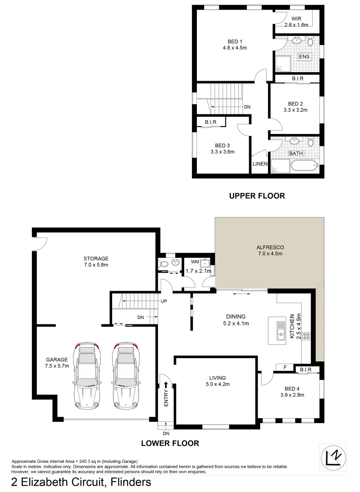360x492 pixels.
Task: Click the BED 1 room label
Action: (235, 41)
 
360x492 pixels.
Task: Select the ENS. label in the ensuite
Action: (304, 56)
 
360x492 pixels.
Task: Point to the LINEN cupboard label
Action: (260, 164)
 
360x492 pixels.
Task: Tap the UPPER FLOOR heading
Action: (257, 196)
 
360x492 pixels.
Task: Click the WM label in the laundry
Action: (195, 262)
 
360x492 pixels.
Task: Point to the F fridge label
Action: (284, 367)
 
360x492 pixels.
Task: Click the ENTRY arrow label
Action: (165, 395)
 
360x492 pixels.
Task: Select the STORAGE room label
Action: (96, 258)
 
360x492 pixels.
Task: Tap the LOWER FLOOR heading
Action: (170, 443)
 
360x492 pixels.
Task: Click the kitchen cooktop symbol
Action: (307, 336)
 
